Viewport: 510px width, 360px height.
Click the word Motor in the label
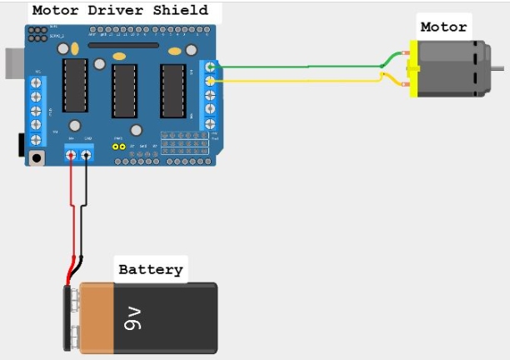[x=443, y=27]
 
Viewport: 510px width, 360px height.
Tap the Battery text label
[x=150, y=269]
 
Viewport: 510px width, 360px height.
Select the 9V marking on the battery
[x=133, y=317]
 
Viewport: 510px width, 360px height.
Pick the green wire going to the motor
[x=300, y=66]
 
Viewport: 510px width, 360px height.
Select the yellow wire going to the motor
[x=300, y=81]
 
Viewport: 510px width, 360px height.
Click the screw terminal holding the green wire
[x=210, y=67]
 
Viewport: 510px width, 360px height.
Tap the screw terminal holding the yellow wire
[x=210, y=81]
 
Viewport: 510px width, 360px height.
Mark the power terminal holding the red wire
[x=71, y=153]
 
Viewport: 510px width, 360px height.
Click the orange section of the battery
[x=93, y=317]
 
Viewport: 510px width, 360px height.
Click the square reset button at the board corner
[x=36, y=156]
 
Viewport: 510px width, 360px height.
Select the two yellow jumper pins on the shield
[x=121, y=147]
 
